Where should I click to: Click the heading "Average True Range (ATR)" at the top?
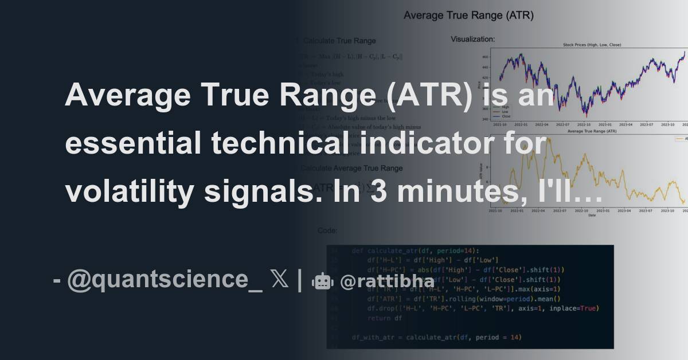[468, 16]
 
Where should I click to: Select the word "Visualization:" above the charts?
[473, 40]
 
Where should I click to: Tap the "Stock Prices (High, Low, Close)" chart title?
[592, 45]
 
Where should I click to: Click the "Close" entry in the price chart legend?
[506, 116]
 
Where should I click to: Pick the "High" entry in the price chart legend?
[505, 107]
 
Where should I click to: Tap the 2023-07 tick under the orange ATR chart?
[647, 211]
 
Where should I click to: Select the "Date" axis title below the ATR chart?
[592, 216]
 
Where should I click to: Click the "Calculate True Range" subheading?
[339, 41]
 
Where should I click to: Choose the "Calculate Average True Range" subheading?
[351, 168]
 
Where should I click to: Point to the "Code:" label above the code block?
[327, 230]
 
